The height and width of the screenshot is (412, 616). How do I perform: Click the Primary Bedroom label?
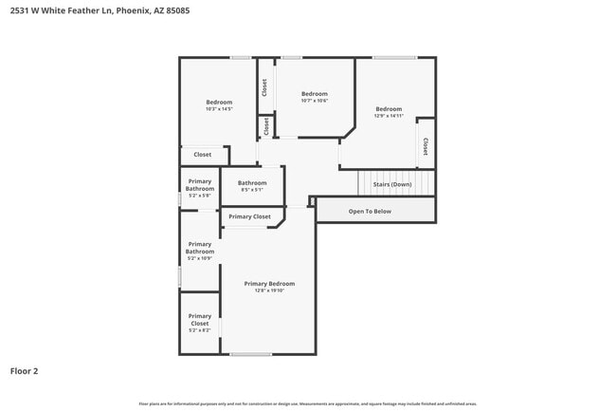click(269, 284)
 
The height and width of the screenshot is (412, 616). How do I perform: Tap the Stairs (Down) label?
click(392, 184)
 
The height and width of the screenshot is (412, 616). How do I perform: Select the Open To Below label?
click(370, 211)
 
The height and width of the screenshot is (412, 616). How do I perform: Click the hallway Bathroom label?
click(252, 183)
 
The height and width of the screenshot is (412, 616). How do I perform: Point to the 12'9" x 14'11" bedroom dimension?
click(389, 116)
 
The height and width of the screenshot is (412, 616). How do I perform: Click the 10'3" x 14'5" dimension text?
click(219, 109)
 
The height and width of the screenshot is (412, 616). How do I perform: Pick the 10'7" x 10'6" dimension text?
click(314, 101)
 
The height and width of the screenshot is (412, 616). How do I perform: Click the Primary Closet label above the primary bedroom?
click(249, 216)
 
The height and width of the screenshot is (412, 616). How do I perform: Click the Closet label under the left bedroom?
click(203, 154)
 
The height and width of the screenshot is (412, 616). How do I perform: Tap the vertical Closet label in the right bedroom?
click(426, 145)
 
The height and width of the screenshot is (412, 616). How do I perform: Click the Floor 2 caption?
click(24, 371)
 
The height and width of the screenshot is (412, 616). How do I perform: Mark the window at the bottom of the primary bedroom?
click(251, 355)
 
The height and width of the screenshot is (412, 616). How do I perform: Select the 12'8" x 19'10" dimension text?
click(269, 290)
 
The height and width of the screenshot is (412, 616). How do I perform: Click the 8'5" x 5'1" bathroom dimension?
click(252, 190)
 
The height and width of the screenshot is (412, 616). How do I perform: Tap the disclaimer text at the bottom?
click(307, 403)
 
